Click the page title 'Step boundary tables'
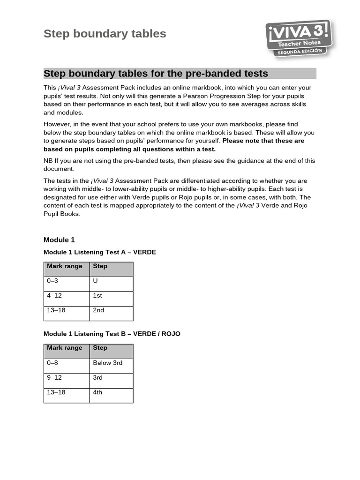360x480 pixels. point(105,34)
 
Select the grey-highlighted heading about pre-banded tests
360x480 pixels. point(156,74)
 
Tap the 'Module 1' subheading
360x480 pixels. point(59,240)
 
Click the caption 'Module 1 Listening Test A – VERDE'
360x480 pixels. point(99,252)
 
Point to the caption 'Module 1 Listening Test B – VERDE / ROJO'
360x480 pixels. point(112,334)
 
